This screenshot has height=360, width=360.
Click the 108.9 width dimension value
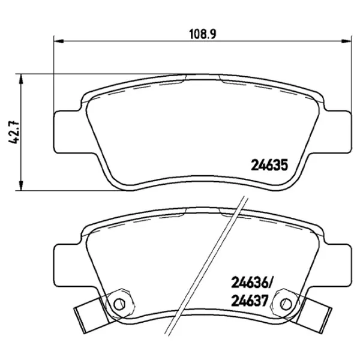tap(203, 34)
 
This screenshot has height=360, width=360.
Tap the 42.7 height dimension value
tap(14, 133)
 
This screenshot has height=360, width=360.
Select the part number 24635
tap(269, 165)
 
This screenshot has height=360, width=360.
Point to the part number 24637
tap(250, 301)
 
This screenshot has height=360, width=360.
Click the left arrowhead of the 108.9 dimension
tap(58, 41)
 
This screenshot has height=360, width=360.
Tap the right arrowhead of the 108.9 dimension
tap(347, 41)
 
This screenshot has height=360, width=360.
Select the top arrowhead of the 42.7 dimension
tap(21, 79)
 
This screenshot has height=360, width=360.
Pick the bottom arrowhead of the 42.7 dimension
tap(21, 185)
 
